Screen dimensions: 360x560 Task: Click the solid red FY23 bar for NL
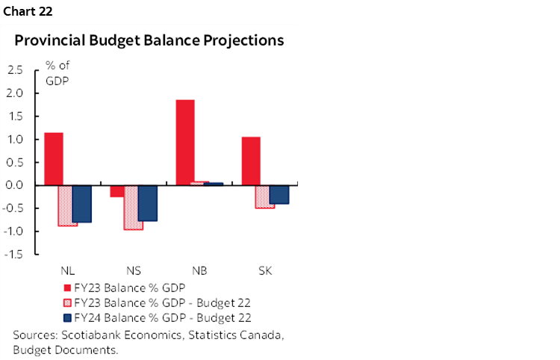click(x=54, y=158)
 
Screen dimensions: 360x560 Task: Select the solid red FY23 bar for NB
click(x=185, y=142)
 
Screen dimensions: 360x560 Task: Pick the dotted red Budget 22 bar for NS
click(x=134, y=207)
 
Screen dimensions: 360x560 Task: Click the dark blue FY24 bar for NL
click(x=82, y=203)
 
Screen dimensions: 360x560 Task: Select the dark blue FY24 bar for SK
click(x=279, y=194)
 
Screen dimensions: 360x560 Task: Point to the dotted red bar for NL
click(x=68, y=205)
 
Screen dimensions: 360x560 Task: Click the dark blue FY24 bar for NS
click(x=148, y=202)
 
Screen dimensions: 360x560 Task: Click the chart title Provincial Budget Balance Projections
click(x=149, y=41)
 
